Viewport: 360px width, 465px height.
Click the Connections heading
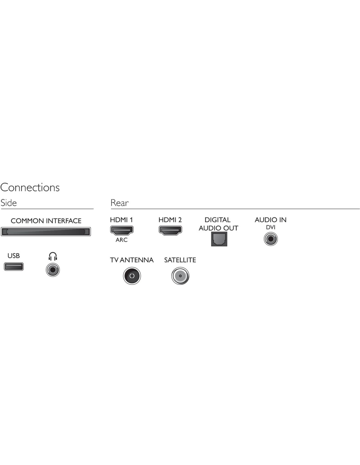pos(30,187)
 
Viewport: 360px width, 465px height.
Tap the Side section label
pos(9,203)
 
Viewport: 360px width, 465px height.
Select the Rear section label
pos(119,203)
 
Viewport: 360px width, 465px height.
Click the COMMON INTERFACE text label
pos(46,221)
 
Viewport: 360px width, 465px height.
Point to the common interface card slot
pos(46,232)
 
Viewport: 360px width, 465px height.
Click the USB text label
pos(13,256)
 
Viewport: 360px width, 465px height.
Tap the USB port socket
pos(14,267)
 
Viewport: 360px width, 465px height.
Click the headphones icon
pos(53,256)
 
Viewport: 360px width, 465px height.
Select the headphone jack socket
pos(53,270)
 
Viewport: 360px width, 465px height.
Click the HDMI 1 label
pos(121,220)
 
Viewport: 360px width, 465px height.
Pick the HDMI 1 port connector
pos(122,231)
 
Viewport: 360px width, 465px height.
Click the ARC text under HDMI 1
pos(121,240)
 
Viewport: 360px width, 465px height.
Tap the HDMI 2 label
pos(170,220)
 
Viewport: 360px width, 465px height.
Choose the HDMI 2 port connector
pos(170,231)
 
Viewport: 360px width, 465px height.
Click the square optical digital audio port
pos(219,239)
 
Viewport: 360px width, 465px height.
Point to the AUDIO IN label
pos(270,220)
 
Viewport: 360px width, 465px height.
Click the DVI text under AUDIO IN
pos(270,227)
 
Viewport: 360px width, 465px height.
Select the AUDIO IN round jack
pos(271,239)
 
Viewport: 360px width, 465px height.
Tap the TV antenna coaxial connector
pos(132,276)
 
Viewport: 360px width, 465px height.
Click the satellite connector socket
pos(180,276)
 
